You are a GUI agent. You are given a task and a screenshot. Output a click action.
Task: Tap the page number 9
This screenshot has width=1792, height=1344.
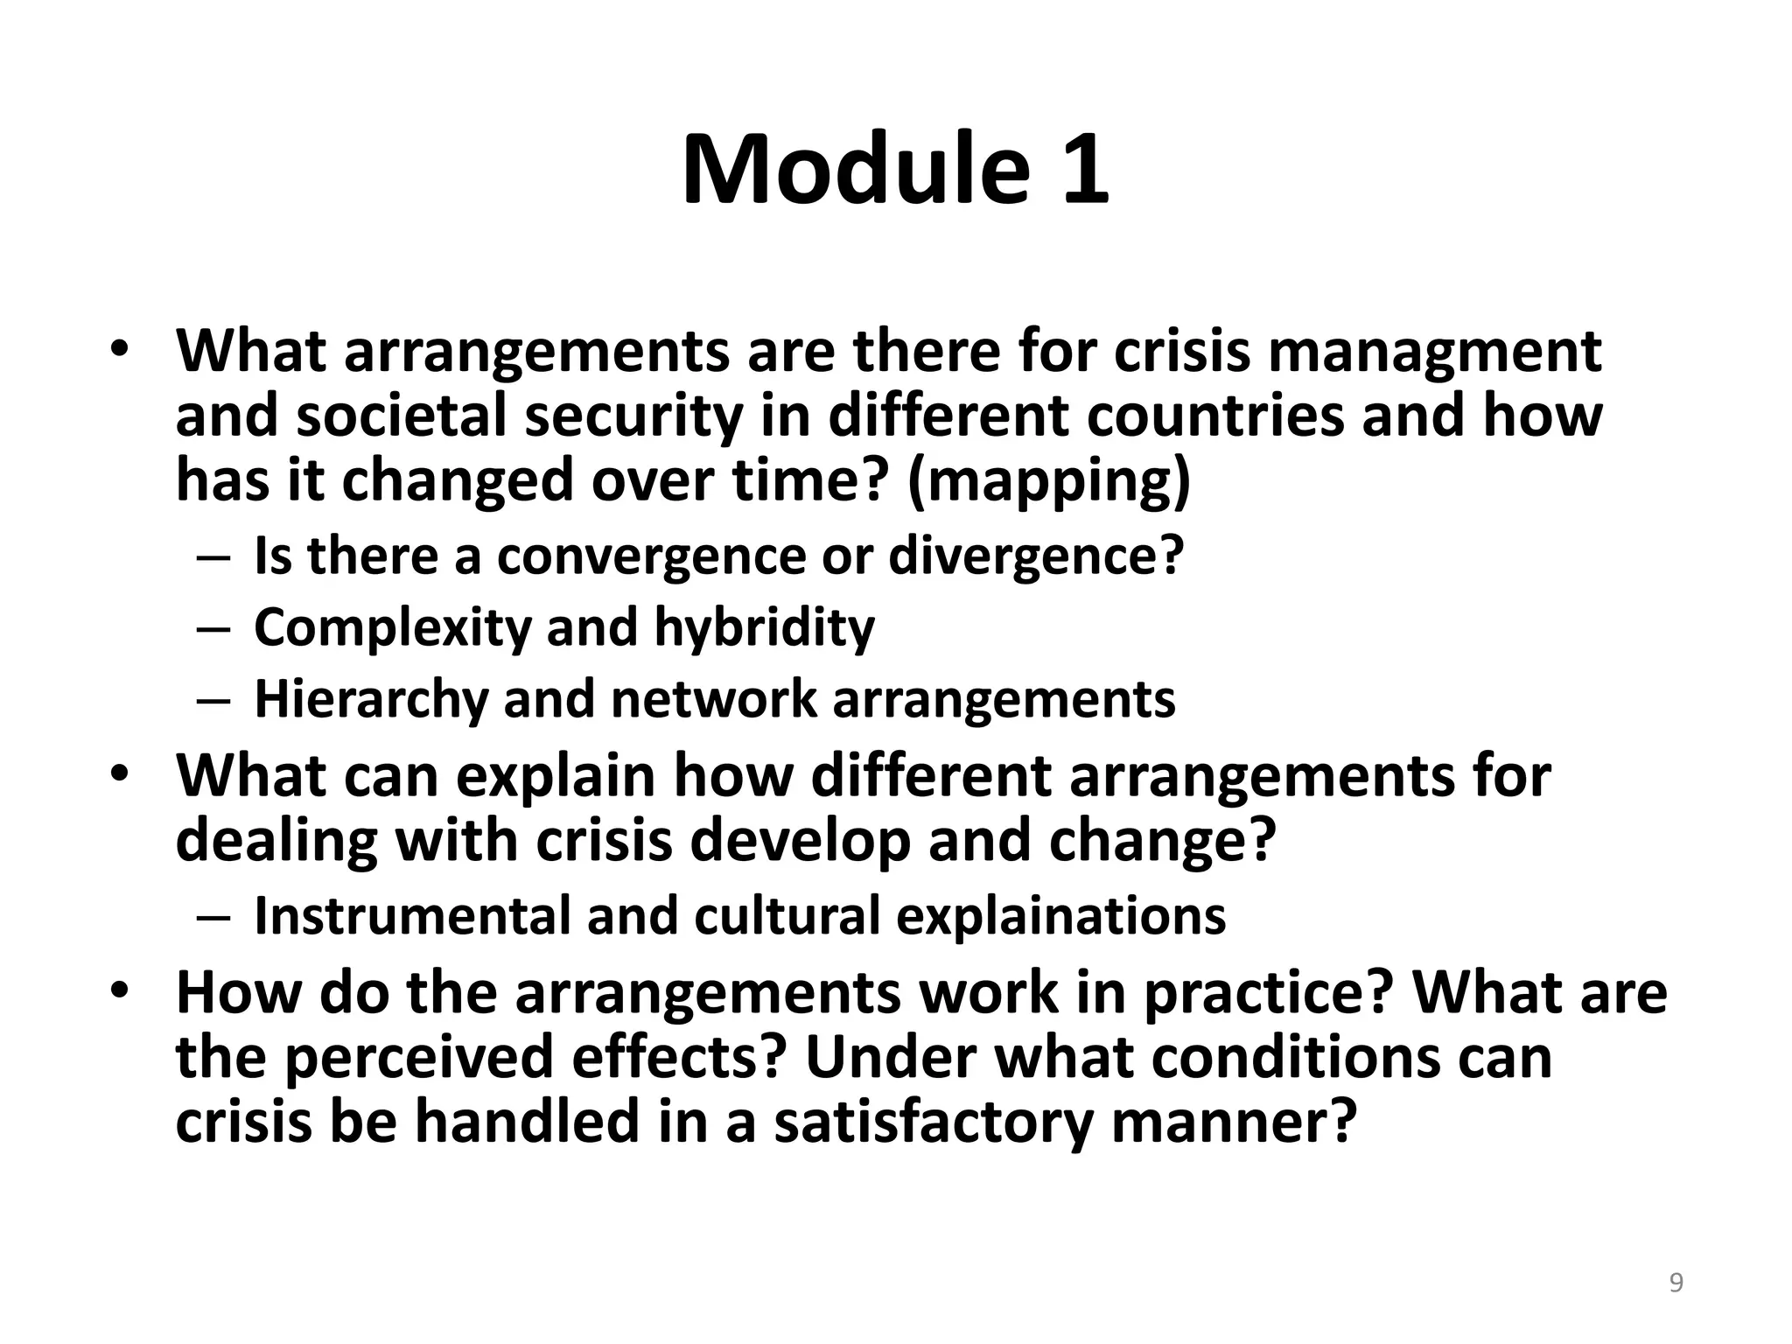1676,1283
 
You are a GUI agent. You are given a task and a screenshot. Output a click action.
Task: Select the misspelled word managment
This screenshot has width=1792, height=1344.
1434,352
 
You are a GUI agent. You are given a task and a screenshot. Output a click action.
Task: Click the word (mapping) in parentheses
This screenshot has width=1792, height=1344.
1049,480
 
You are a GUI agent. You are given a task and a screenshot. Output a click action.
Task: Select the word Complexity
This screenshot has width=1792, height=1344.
392,627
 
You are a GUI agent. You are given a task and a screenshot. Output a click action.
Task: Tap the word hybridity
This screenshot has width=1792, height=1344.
764,627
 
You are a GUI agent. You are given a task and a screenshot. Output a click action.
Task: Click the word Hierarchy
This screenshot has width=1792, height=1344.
371,699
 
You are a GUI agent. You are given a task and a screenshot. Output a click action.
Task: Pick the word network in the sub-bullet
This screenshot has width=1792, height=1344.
713,699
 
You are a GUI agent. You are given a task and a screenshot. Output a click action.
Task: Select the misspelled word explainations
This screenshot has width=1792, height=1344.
1060,915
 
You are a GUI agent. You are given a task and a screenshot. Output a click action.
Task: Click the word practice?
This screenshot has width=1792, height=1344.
1268,992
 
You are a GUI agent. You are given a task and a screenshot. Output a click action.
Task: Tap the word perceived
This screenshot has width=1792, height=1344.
418,1057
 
